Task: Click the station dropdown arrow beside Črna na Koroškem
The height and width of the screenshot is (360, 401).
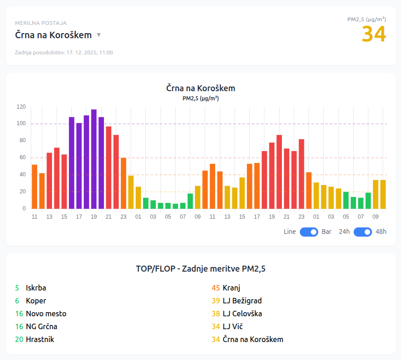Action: pyautogui.click(x=98, y=35)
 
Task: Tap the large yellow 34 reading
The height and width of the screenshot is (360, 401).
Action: pyautogui.click(x=373, y=35)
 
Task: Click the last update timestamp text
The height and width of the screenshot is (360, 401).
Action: pyautogui.click(x=64, y=52)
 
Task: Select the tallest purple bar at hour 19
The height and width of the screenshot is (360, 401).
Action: pyautogui.click(x=94, y=159)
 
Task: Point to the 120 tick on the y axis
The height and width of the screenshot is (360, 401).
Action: pyautogui.click(x=21, y=107)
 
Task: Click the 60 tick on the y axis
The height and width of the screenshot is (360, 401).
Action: pyautogui.click(x=22, y=158)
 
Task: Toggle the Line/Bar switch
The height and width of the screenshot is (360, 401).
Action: pyautogui.click(x=309, y=232)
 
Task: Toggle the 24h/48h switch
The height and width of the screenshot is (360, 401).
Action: pyautogui.click(x=362, y=232)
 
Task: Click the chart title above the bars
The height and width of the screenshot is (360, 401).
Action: pyautogui.click(x=200, y=88)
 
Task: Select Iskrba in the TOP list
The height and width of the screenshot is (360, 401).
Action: pyautogui.click(x=36, y=288)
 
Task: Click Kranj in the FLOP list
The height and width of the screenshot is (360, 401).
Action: pyautogui.click(x=231, y=288)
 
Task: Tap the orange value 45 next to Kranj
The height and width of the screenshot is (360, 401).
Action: pyautogui.click(x=216, y=288)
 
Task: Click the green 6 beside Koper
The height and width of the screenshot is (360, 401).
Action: pyautogui.click(x=17, y=301)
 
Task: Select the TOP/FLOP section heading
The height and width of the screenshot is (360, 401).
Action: pyautogui.click(x=200, y=268)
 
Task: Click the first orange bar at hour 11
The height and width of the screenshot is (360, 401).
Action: pyautogui.click(x=34, y=186)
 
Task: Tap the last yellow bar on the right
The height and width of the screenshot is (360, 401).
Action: pyautogui.click(x=383, y=194)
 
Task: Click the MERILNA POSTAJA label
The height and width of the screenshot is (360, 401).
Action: pyautogui.click(x=40, y=23)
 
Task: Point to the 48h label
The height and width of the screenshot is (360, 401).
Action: pyautogui.click(x=381, y=232)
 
